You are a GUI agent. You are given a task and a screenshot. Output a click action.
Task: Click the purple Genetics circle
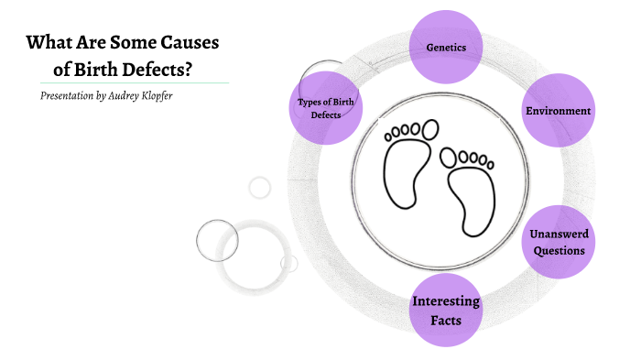[x=447, y=46]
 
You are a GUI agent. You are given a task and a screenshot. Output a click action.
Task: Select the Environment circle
[x=558, y=111]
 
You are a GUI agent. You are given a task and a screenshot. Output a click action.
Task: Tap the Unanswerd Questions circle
[x=558, y=242]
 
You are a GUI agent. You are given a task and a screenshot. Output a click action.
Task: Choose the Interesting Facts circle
[x=446, y=311]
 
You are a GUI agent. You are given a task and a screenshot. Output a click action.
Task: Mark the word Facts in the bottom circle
[x=446, y=321]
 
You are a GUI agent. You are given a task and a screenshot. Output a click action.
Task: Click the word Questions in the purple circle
[x=558, y=251]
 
